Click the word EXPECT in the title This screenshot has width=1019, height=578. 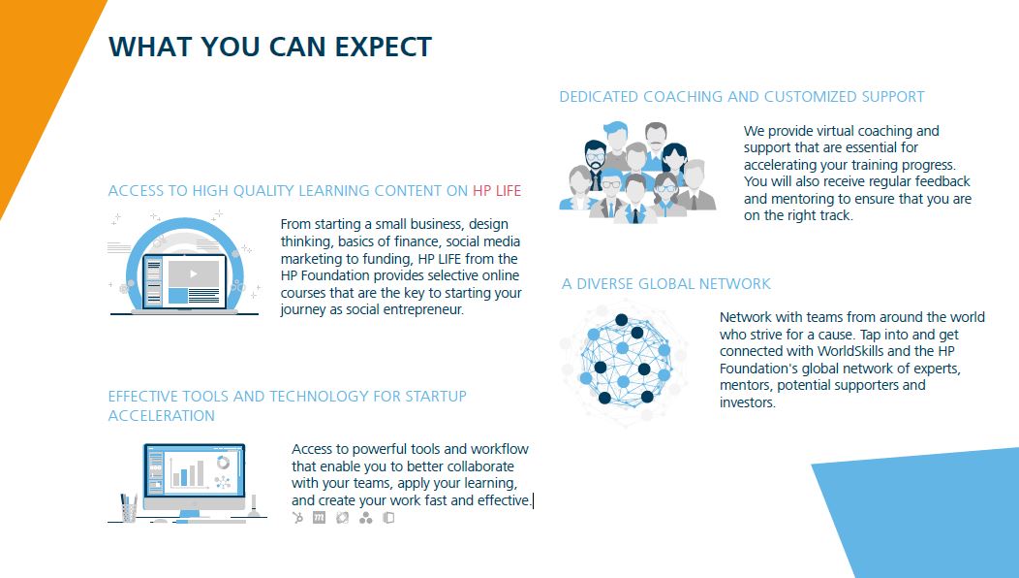pos(383,47)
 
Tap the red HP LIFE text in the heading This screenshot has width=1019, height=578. pos(497,191)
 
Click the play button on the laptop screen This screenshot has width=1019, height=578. pos(193,274)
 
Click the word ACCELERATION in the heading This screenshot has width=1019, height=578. pos(161,416)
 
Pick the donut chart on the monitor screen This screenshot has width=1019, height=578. pos(223,463)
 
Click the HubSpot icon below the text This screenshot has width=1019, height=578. pos(297,518)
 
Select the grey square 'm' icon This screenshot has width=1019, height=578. pos(319,518)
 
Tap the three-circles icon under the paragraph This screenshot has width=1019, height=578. pos(366,518)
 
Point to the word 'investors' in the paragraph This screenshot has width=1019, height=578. pos(748,402)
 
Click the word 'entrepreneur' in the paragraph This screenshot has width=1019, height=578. pos(423,309)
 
